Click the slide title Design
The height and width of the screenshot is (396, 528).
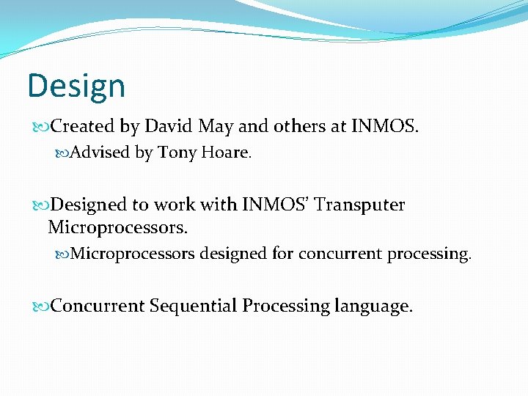76,86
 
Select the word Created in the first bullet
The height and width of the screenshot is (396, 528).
83,127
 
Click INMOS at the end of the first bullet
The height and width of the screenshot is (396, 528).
385,127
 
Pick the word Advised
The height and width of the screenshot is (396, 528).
101,153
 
